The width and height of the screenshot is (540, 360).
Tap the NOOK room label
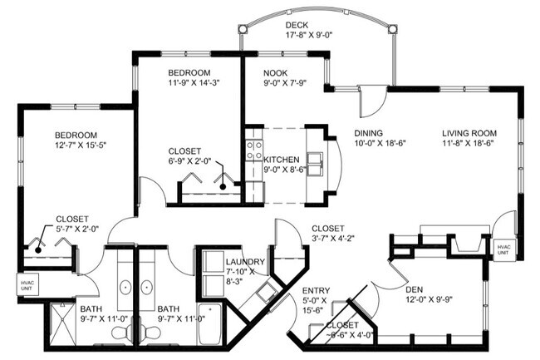[276, 72]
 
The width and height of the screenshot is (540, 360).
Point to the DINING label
[368, 132]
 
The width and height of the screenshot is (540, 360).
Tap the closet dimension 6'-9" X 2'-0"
[190, 163]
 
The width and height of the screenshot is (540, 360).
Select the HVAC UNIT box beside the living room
[503, 249]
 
